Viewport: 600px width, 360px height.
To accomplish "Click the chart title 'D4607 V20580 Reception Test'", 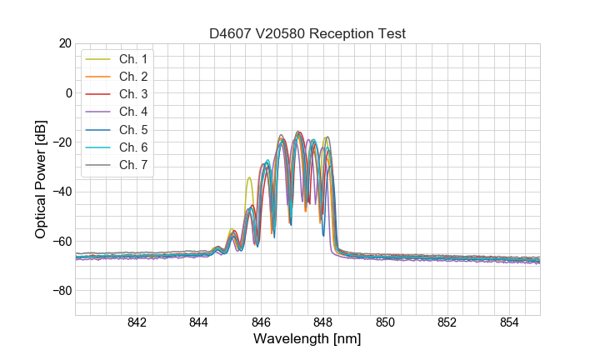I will click(x=307, y=33).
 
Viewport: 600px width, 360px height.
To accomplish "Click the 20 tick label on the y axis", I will click(x=63, y=43).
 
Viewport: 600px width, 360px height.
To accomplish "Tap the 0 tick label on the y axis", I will click(x=67, y=92).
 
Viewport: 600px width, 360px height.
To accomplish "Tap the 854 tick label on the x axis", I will click(x=509, y=323).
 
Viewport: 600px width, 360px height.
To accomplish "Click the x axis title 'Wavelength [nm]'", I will click(x=307, y=340).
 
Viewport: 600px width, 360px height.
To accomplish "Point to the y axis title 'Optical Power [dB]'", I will click(x=41, y=179).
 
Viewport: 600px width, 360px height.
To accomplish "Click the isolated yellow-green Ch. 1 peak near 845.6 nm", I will click(x=249, y=178).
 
